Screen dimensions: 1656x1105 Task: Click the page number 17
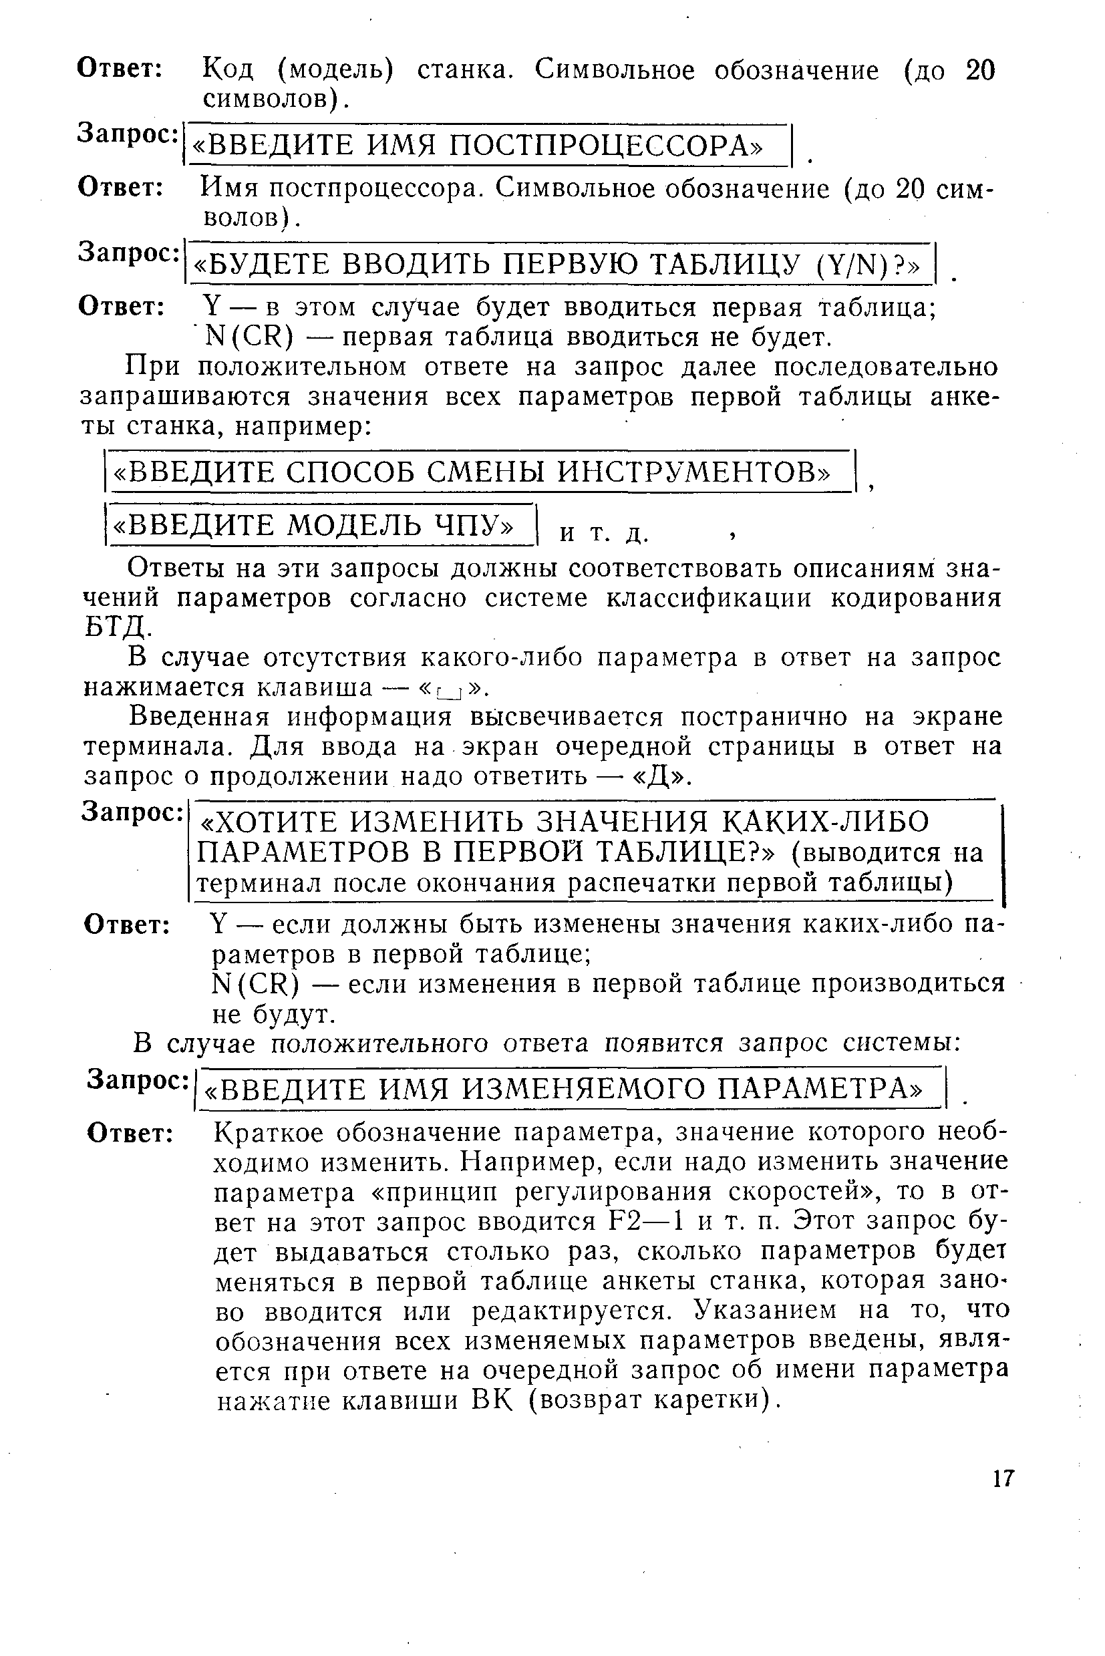(1003, 1478)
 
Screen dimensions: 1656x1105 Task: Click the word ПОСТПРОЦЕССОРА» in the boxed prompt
(606, 146)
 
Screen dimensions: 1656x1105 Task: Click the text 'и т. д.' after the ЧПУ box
(604, 534)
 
